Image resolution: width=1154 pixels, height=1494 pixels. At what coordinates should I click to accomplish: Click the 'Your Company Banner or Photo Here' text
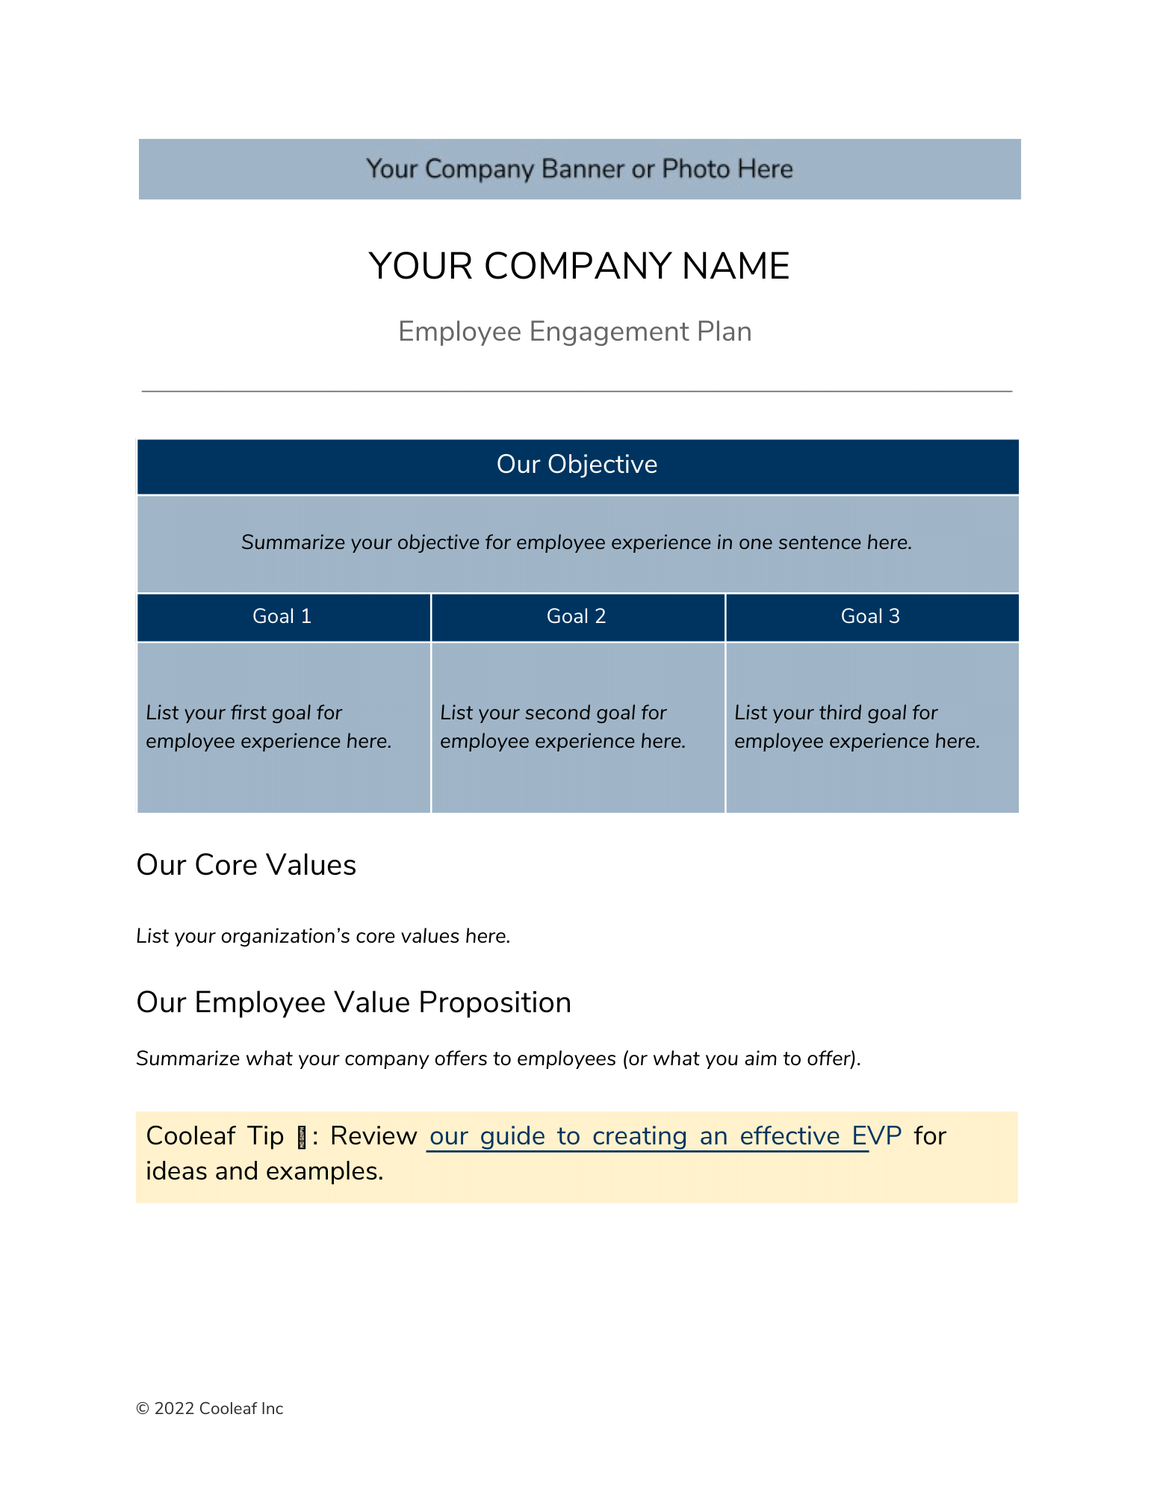pos(579,169)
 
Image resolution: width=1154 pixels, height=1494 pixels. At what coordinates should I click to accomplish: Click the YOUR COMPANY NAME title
pos(579,266)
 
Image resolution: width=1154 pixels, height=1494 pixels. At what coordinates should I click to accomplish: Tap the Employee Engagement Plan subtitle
pos(574,332)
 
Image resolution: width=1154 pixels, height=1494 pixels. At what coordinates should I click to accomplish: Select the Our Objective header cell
pos(577,465)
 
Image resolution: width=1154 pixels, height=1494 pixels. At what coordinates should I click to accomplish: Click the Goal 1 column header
pos(282,616)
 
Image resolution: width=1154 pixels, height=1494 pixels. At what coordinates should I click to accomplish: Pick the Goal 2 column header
pos(576,616)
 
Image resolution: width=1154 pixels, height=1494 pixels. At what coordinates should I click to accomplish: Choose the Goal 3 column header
pos(870,616)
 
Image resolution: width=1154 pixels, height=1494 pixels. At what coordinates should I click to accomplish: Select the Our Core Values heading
pos(246,865)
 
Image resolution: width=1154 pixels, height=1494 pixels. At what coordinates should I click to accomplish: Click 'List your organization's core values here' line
pos(323,936)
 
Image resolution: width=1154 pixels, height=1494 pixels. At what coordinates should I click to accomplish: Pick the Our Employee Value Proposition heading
pos(353,1002)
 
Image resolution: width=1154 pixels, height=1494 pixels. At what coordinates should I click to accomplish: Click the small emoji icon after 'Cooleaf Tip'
pos(302,1138)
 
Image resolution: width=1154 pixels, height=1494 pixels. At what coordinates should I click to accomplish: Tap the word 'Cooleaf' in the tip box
pos(191,1136)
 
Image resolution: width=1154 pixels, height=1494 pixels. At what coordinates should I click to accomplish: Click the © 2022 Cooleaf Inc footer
pos(209,1409)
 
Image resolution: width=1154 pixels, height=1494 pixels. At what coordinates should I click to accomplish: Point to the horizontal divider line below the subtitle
pos(577,391)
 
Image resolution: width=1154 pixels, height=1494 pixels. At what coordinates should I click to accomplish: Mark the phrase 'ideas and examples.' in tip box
pos(264,1171)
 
